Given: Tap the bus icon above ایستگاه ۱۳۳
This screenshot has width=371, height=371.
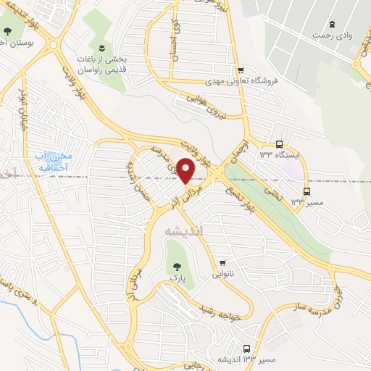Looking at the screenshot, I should tap(280, 144).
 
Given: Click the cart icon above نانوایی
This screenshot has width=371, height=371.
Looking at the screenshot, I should tap(223, 263).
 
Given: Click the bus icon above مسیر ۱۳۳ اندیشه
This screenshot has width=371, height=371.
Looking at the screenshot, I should tap(248, 348).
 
